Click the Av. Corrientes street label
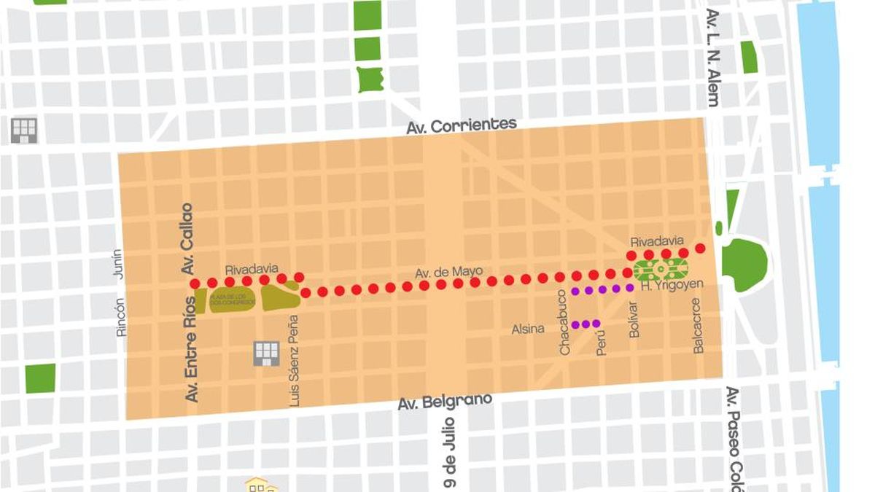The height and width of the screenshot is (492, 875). (462, 125)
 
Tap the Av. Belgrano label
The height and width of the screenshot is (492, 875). (445, 402)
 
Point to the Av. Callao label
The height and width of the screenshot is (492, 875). (187, 238)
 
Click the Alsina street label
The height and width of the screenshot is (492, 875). (528, 329)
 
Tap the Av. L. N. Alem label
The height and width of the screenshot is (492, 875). (712, 58)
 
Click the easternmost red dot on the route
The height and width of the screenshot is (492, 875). (700, 249)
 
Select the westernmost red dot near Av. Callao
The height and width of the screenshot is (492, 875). (195, 284)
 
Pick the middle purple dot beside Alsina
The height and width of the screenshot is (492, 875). (586, 324)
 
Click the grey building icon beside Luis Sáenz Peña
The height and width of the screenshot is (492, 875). (266, 353)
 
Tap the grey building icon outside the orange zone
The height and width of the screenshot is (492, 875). (24, 130)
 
